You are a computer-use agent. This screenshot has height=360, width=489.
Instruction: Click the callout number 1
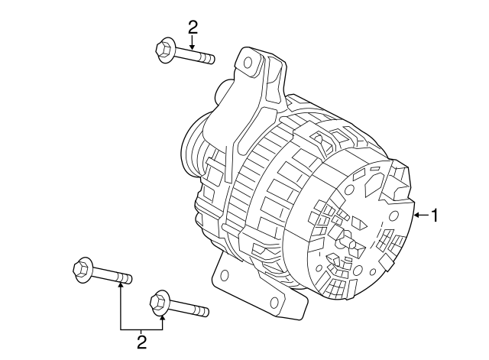point(436,216)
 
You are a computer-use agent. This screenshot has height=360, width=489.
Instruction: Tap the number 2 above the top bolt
point(193,28)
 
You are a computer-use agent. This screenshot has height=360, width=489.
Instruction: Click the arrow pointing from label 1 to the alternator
point(419,216)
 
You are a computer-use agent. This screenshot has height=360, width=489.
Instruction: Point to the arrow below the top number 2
point(193,44)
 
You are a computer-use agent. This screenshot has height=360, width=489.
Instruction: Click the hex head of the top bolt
point(164,50)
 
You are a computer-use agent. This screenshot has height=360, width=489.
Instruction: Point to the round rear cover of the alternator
point(359,229)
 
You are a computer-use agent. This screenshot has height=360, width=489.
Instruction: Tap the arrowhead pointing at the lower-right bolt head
point(162,316)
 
